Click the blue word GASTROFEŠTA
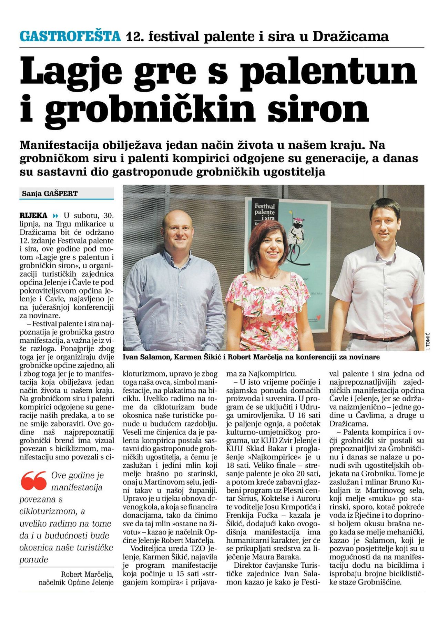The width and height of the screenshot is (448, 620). click(x=70, y=36)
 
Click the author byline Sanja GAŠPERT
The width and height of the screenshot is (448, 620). click(x=50, y=194)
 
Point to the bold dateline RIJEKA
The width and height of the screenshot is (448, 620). click(x=33, y=216)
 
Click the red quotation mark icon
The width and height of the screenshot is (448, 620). click(x=33, y=480)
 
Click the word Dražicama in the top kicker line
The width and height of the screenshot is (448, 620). click(x=350, y=36)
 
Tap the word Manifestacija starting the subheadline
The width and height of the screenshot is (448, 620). click(x=59, y=145)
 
